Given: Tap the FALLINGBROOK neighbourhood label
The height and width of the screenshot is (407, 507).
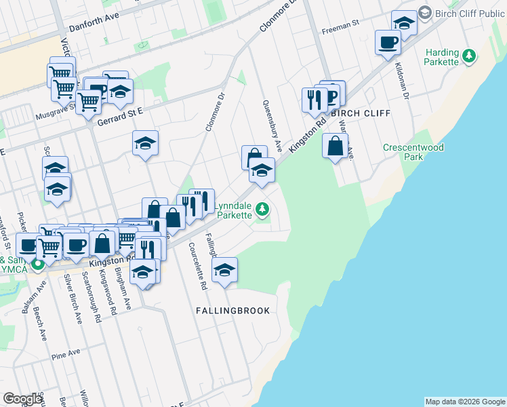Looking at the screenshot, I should tap(232, 311).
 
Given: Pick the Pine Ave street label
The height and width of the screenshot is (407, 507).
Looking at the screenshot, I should tap(66, 353).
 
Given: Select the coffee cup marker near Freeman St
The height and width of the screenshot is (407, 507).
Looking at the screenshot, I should tap(388, 43).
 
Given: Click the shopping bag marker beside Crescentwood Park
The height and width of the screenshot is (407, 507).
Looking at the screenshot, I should tap(336, 145).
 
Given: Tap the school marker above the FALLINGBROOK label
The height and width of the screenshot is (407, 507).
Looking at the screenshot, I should tap(225, 270).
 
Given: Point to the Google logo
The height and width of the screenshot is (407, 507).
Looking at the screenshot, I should tap(22, 399).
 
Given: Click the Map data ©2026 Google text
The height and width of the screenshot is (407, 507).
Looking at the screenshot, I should tap(465, 402).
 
